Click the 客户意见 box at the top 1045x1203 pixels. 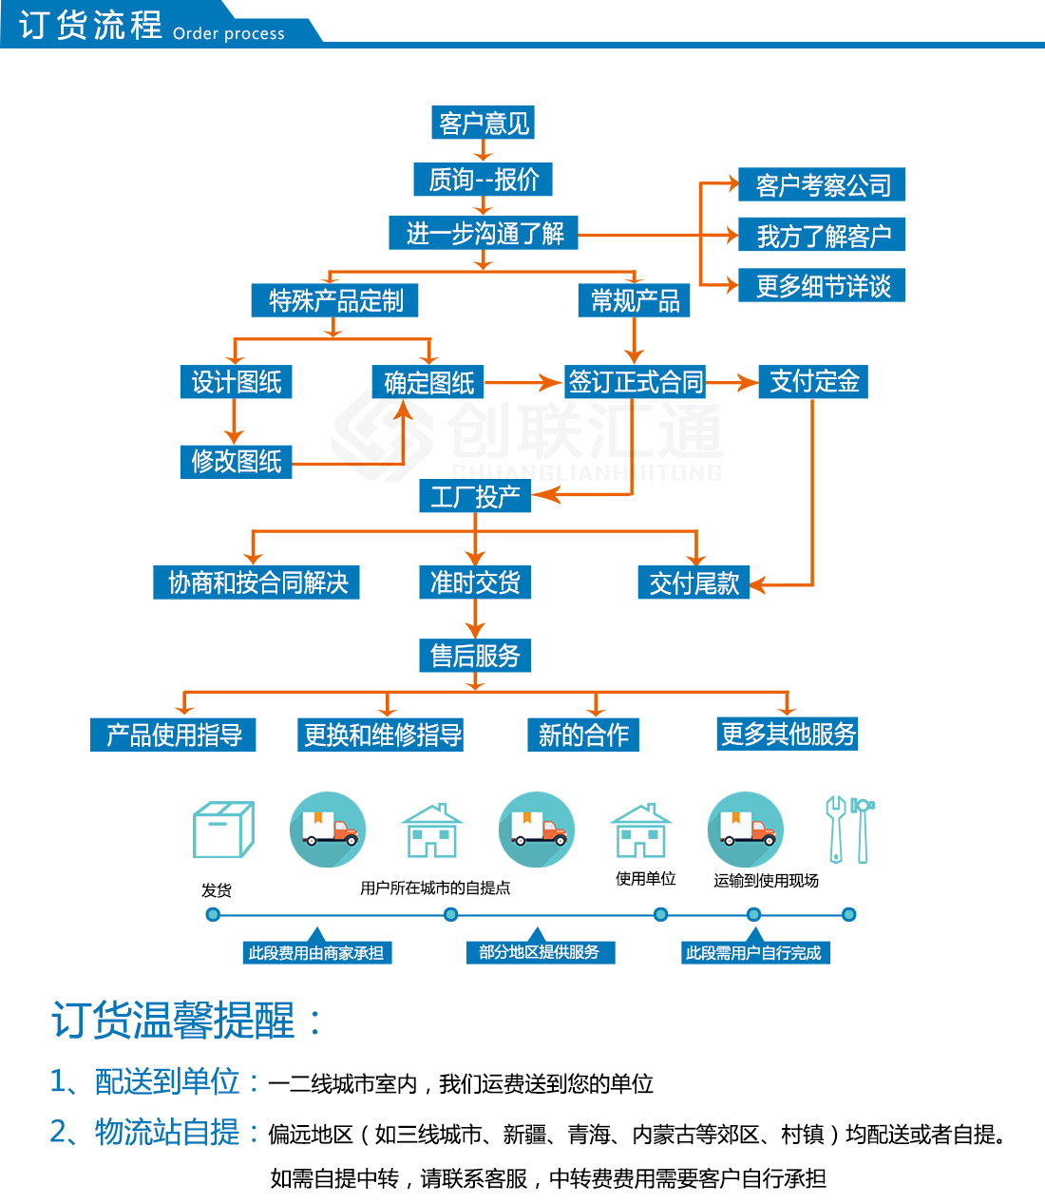click(x=484, y=123)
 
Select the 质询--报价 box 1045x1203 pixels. click(x=483, y=179)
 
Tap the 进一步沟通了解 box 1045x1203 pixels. click(x=484, y=233)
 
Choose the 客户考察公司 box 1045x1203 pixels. click(x=822, y=184)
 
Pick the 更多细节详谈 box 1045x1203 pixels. click(x=822, y=285)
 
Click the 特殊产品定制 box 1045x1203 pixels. click(x=335, y=300)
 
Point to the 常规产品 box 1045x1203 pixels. click(x=635, y=301)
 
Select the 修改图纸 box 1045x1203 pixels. click(x=237, y=461)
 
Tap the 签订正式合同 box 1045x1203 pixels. click(x=636, y=382)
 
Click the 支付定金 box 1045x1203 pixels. click(x=813, y=381)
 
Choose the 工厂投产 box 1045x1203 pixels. click(x=475, y=496)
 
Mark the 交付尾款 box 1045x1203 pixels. click(x=693, y=582)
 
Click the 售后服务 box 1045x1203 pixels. click(x=475, y=655)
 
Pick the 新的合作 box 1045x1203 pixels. click(x=583, y=735)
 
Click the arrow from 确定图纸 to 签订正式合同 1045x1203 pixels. click(x=522, y=383)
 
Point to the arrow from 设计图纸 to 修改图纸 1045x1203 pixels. click(x=235, y=421)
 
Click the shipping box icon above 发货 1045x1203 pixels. click(x=223, y=830)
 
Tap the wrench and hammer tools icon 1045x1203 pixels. click(x=849, y=829)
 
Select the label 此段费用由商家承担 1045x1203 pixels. click(x=316, y=952)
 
